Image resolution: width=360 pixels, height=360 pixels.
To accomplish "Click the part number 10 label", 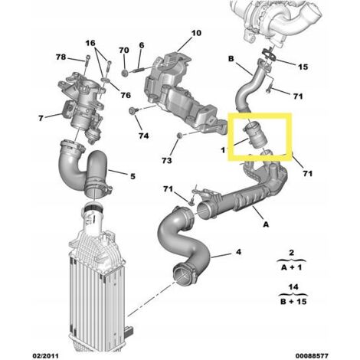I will [x=195, y=34].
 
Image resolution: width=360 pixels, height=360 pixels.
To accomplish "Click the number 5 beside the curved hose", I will [x=132, y=177].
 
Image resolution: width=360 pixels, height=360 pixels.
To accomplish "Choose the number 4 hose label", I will [x=237, y=251].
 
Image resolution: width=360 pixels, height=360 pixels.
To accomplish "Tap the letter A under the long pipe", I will [x=265, y=226].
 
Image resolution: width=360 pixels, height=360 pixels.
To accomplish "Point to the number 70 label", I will [x=124, y=51].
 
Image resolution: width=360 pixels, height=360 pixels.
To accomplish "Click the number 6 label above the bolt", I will [x=142, y=45].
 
